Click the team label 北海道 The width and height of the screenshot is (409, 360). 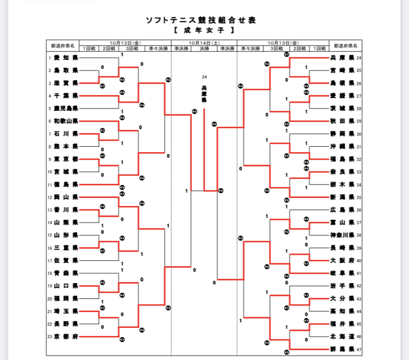pos(343,337)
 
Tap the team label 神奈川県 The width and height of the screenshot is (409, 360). pos(343,236)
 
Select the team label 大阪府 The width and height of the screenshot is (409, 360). pos(343,261)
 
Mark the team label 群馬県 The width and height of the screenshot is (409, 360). pos(343,349)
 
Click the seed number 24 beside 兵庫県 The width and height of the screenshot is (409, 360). pos(359,58)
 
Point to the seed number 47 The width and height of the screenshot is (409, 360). pos(359,349)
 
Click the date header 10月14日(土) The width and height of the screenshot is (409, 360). pos(204,42)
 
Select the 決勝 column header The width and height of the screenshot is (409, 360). pos(204,48)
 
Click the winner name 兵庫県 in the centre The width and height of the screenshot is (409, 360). pos(204,94)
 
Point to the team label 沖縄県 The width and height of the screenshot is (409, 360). pos(343,147)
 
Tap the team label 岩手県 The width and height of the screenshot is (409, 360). pos(343,286)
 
